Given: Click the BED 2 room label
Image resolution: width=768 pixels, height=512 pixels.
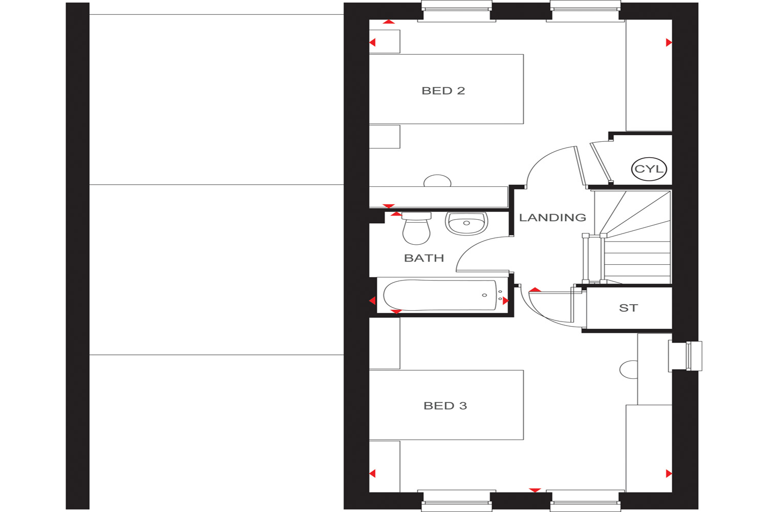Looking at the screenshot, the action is (x=443, y=91).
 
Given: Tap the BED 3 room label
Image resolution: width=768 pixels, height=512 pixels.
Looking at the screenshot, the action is (x=445, y=406).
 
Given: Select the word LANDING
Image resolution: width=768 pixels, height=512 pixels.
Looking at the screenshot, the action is (x=552, y=218).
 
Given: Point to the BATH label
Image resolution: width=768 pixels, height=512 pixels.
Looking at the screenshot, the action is (x=424, y=258).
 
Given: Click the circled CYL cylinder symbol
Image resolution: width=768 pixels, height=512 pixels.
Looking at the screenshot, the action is (x=649, y=169).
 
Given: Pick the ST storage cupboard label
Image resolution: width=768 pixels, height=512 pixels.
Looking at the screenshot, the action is (x=628, y=308).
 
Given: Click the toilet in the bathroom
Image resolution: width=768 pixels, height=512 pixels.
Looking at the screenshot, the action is (x=416, y=228).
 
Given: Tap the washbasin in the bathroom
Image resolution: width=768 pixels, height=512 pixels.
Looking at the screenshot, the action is (x=466, y=224).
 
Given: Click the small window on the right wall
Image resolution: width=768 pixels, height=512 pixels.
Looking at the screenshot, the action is (x=685, y=356).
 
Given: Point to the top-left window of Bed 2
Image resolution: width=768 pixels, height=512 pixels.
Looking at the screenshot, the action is (x=456, y=11).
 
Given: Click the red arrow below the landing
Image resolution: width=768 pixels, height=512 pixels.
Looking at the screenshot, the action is (x=535, y=490).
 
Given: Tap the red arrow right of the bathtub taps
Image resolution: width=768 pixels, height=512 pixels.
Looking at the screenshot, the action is (x=505, y=301).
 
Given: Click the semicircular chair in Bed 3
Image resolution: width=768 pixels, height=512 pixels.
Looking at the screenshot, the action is (x=628, y=370).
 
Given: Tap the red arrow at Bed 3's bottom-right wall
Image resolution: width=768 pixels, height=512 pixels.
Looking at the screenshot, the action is (x=669, y=474).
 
